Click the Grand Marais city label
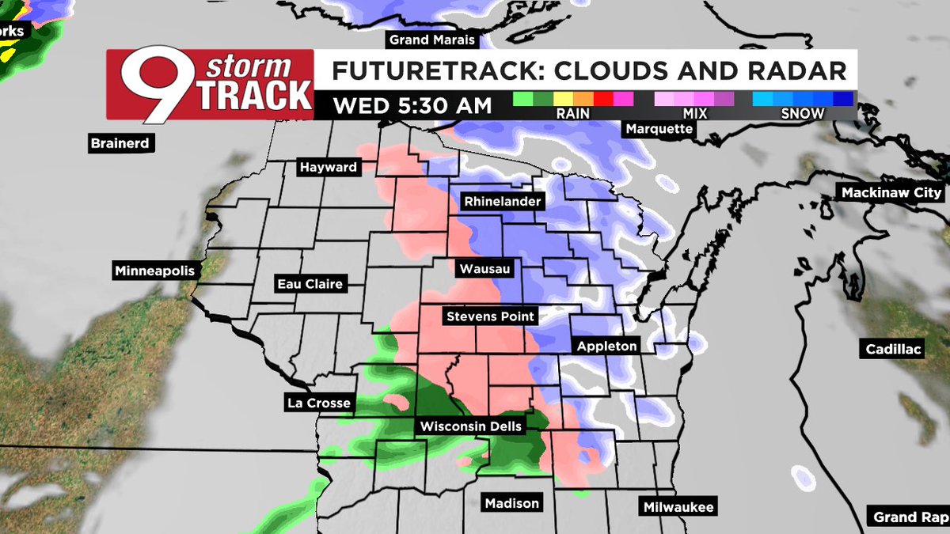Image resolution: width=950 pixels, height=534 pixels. click(x=430, y=40)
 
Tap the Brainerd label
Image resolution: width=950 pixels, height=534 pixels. click(x=120, y=143)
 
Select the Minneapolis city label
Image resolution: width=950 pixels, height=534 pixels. click(x=154, y=271)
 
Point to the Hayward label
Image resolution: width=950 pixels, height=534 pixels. click(x=328, y=168)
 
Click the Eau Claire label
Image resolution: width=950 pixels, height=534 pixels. click(x=310, y=283)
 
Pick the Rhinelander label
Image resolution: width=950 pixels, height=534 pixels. click(x=503, y=201)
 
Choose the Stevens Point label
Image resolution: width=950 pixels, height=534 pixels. click(x=491, y=316)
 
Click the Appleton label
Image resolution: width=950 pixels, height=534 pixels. click(x=606, y=346)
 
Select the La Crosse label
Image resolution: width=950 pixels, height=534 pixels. click(x=318, y=403)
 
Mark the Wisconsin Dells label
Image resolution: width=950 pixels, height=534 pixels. click(x=471, y=426)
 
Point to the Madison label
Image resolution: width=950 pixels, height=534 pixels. click(x=512, y=503)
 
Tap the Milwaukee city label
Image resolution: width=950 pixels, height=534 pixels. click(x=678, y=507)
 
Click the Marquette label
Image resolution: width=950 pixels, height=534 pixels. click(x=659, y=128)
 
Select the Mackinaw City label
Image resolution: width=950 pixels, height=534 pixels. click(x=891, y=192)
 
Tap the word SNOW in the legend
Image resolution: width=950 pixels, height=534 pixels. click(x=803, y=114)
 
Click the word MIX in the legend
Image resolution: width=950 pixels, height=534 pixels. click(x=694, y=114)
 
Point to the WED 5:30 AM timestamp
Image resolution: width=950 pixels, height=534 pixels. click(x=412, y=105)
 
